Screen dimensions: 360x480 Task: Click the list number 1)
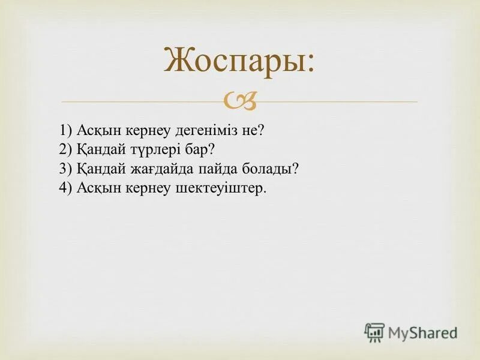click(66, 131)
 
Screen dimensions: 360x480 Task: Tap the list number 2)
click(66, 149)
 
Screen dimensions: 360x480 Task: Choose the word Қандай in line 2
click(100, 149)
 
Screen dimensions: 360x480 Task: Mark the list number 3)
click(66, 169)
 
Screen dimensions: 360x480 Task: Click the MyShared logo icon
click(374, 332)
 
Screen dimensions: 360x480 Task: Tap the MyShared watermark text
click(422, 332)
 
